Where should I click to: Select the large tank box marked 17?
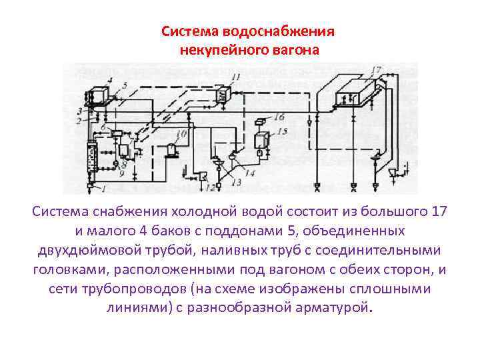coord(349,94)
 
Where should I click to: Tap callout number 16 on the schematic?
coord(279,117)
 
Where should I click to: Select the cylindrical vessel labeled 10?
coord(172,150)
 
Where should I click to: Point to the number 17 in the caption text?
coord(439,212)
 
